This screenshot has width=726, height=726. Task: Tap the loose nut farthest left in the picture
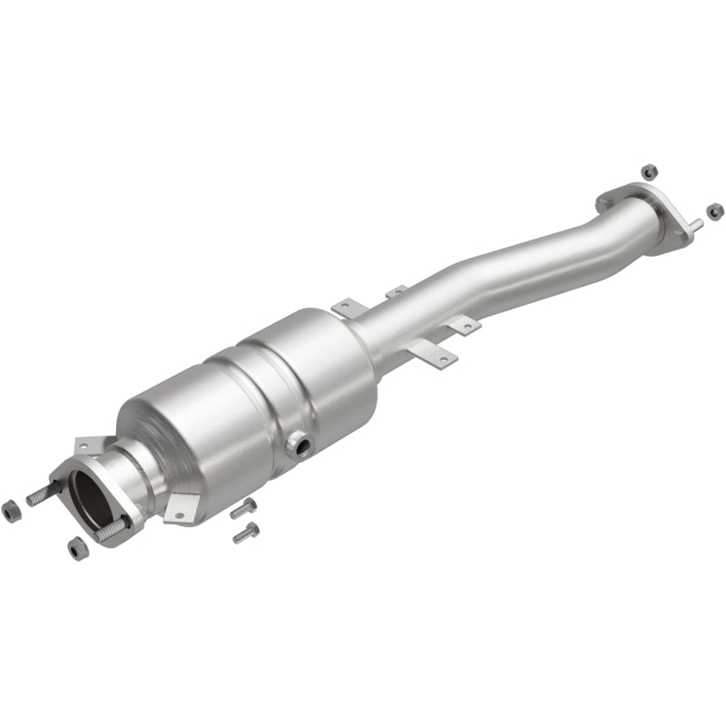13,511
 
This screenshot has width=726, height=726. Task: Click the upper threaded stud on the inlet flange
44,496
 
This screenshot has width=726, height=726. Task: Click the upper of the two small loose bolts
243,508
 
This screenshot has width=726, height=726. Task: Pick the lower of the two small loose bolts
246,533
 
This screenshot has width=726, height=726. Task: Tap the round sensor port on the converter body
297,445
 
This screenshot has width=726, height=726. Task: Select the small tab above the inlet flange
88,444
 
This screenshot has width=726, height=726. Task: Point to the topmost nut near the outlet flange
648,171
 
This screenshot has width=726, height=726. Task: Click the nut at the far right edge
715,211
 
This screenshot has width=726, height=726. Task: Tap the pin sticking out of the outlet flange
695,223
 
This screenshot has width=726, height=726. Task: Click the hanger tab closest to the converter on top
349,308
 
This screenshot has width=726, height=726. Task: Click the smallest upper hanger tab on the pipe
397,292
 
